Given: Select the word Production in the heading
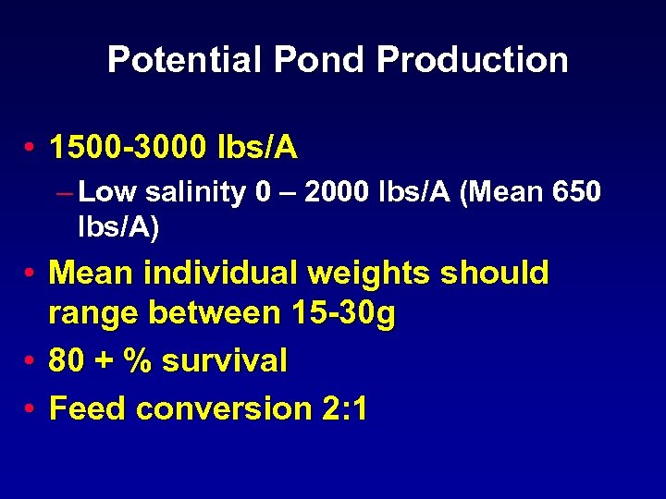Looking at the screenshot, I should coord(473,60).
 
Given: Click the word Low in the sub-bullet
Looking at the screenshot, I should coord(107,192).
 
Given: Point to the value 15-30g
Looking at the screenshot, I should coord(342,315).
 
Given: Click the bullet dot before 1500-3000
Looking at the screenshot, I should coord(31,148).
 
